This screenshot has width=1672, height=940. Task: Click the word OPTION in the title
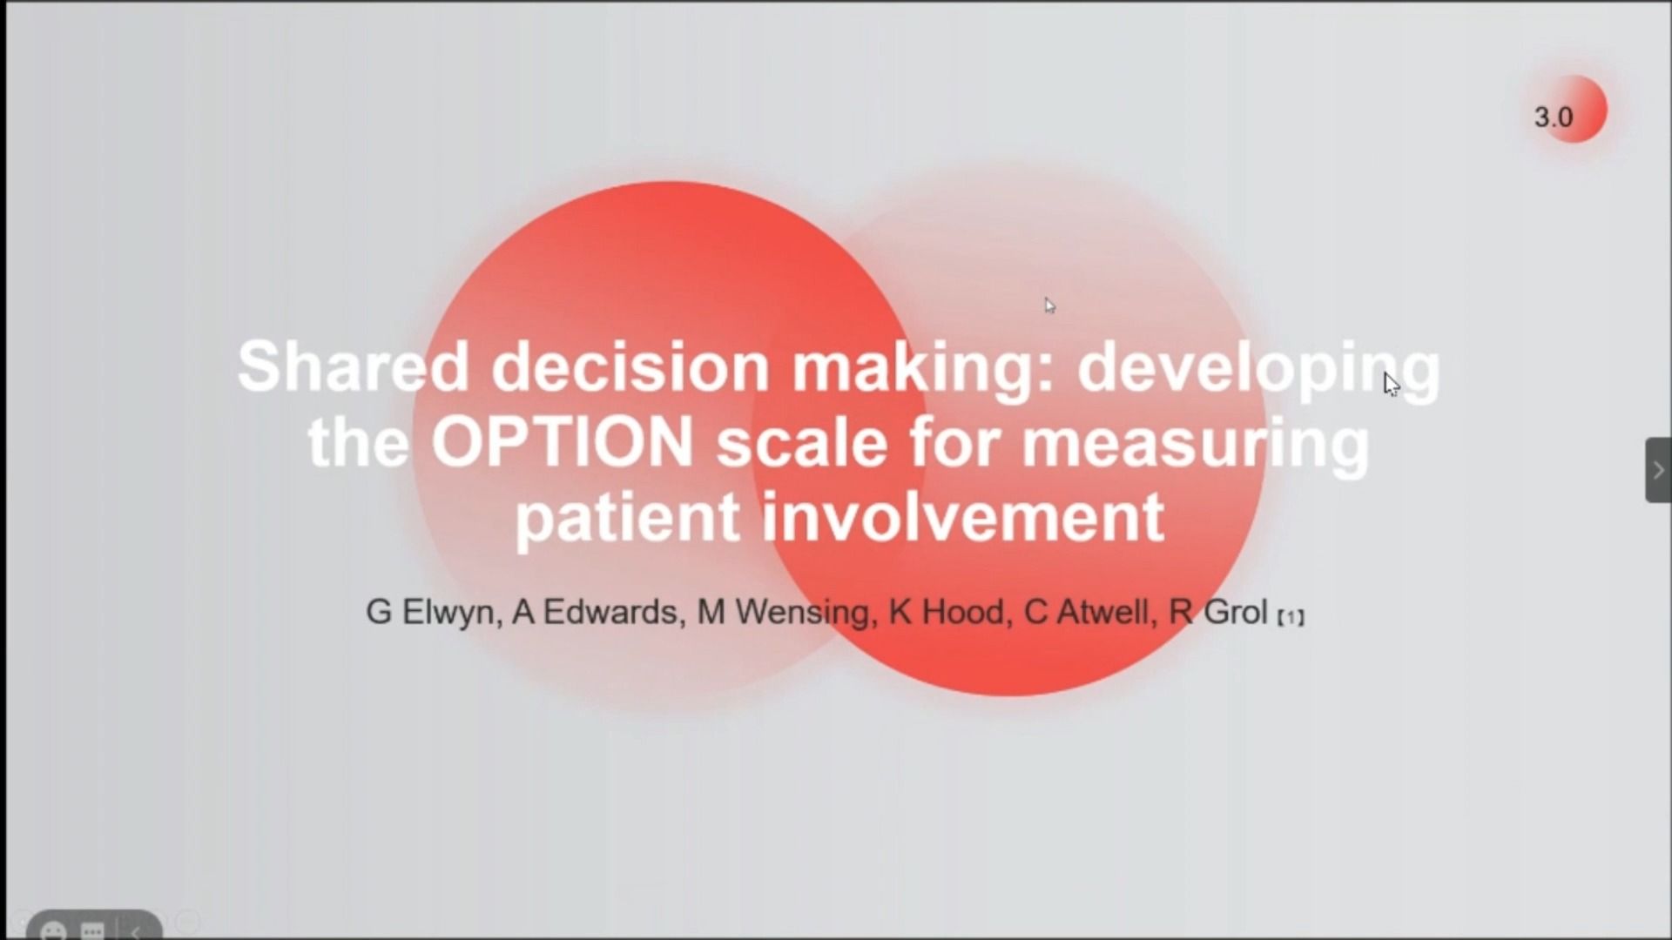click(x=562, y=441)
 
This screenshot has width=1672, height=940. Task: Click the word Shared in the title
click(x=354, y=366)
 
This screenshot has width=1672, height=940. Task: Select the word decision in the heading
click(x=630, y=366)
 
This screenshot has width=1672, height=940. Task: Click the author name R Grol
click(x=1217, y=612)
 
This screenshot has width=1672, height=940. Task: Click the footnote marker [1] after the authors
click(x=1291, y=617)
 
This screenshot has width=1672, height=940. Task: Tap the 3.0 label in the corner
click(x=1554, y=117)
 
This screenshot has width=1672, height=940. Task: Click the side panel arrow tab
click(x=1658, y=470)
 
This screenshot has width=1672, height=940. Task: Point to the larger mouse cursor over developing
click(x=1392, y=385)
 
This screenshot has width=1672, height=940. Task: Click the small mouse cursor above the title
click(x=1050, y=305)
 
